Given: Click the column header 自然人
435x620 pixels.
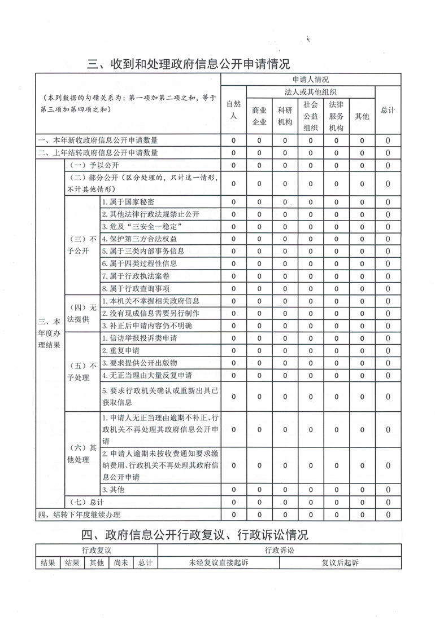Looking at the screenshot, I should [233, 109].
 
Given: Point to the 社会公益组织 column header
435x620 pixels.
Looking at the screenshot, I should [310, 116].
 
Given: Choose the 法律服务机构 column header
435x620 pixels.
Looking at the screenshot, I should [336, 116].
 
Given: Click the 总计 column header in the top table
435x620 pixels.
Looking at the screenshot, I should [388, 111].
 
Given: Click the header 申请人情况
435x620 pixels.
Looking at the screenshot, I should [311, 80].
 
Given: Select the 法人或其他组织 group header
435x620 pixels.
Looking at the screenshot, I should [311, 91].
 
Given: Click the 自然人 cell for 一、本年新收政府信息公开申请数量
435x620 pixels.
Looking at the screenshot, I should [233, 140].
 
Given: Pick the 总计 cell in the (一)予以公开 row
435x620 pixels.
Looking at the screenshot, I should [388, 165].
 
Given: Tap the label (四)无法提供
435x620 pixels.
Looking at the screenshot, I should [82, 313].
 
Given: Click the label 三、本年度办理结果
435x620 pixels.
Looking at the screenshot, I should [50, 332].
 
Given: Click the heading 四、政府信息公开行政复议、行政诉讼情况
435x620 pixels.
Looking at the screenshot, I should [195, 534].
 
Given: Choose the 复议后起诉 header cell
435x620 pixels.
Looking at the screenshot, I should [340, 562].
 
